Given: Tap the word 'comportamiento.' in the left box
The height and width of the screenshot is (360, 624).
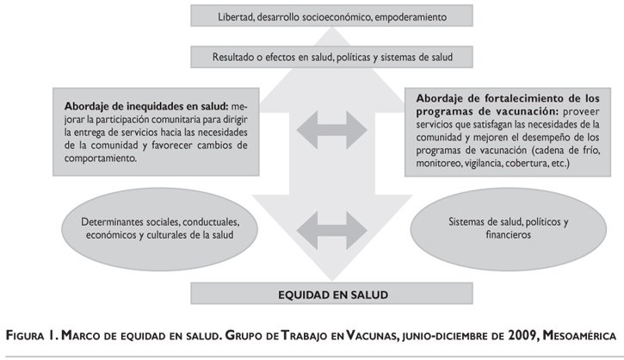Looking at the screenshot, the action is [x=96, y=159].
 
